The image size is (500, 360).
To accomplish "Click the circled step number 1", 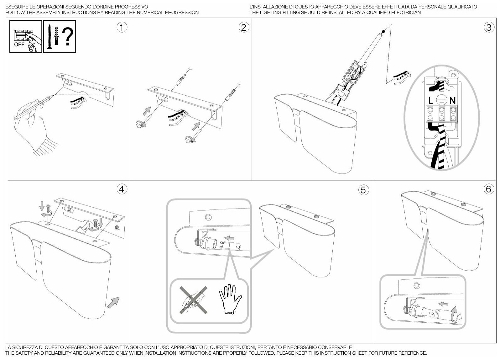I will point(122,27).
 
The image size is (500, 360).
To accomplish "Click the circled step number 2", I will point(244,27).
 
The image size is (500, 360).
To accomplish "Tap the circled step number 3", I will point(489,27).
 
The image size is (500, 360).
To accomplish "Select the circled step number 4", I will point(122,189).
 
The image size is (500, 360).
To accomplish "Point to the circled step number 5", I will point(363,190).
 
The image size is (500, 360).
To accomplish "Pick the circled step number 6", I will point(489,189).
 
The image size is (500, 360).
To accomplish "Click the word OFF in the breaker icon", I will point(19,45).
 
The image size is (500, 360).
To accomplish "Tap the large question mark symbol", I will point(68,36).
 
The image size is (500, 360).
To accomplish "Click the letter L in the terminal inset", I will point(431,100).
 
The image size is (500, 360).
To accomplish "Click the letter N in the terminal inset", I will point(452,100).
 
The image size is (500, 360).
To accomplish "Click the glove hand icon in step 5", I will point(230,299).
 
